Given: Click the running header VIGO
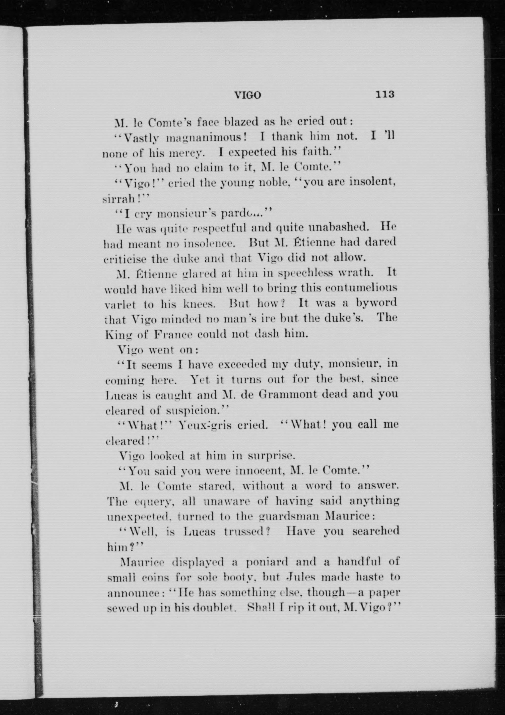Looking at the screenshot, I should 248,95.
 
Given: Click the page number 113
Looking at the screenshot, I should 385,94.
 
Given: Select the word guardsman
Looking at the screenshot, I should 289,516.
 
